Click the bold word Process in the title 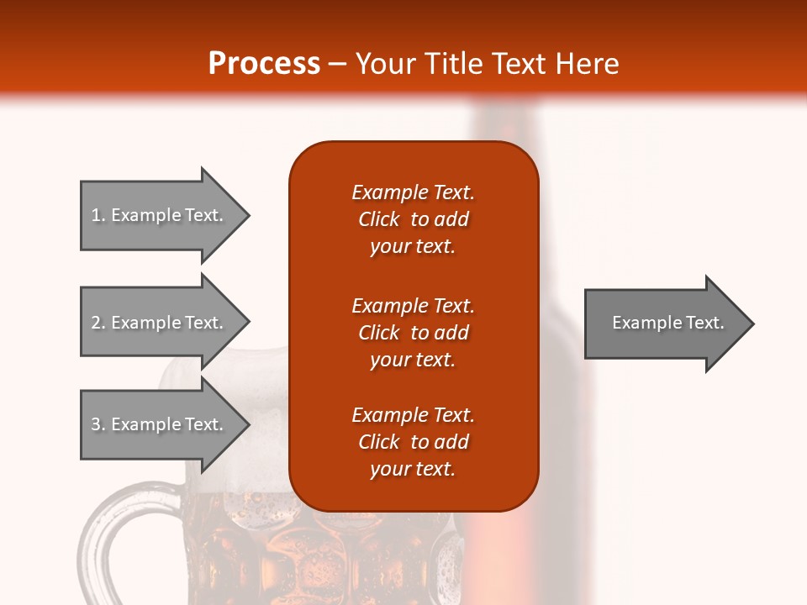(264, 63)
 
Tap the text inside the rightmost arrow (667, 323)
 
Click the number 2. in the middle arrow (98, 323)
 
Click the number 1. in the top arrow (98, 215)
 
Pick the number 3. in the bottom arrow (98, 424)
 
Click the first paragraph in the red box (413, 219)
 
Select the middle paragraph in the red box (413, 333)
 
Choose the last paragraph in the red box (413, 442)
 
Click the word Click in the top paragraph (378, 219)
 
